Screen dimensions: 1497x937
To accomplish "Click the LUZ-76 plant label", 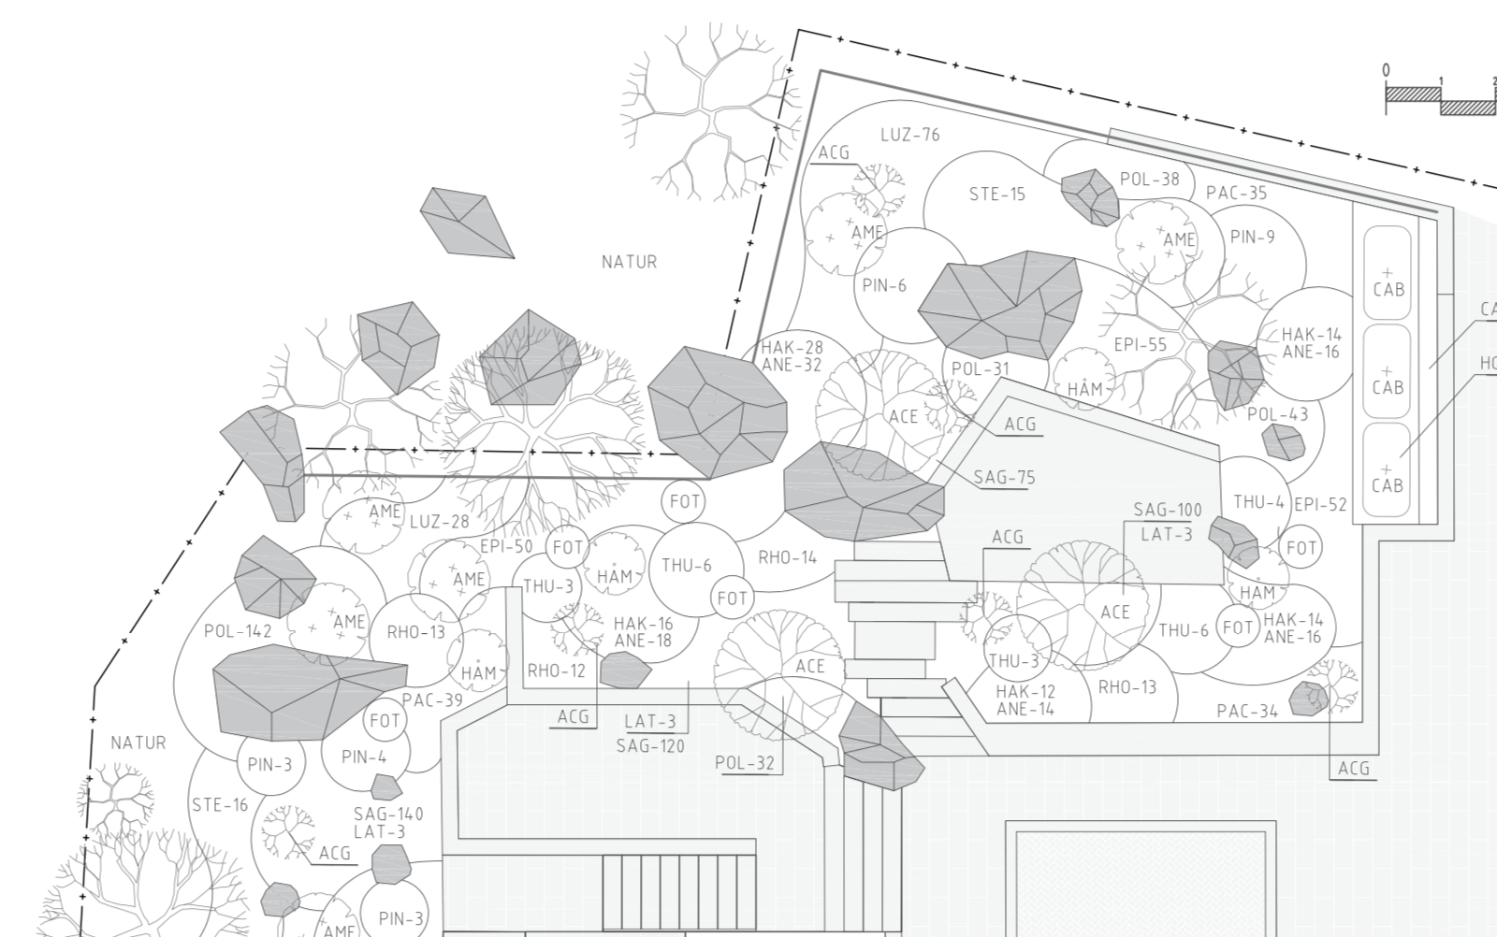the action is click(910, 135).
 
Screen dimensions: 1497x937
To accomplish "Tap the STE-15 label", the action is click(997, 195).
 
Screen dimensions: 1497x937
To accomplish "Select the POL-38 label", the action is click(1150, 179).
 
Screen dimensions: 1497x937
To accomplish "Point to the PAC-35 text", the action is click(1236, 193).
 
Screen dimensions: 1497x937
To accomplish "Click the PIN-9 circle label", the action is click(1253, 238).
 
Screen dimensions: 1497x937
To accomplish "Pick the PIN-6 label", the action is click(884, 286).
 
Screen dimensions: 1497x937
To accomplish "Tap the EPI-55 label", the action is click(1141, 345).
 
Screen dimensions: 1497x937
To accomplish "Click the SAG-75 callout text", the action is click(1004, 478).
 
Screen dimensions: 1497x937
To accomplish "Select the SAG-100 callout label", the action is click(1168, 511).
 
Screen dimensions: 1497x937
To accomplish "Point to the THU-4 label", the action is click(1258, 502).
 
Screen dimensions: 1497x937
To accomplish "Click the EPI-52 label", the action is click(1320, 505).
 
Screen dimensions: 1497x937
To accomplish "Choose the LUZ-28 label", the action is click(439, 522).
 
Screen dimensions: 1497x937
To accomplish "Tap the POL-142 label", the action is click(238, 631).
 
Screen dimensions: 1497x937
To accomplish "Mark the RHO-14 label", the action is click(787, 557).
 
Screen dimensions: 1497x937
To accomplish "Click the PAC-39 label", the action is click(432, 699).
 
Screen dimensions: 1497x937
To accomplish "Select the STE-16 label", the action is click(220, 805).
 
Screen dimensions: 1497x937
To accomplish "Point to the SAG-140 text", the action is click(388, 814).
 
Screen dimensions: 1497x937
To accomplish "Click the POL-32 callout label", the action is click(745, 763).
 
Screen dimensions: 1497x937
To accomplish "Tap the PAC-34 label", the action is click(1247, 712).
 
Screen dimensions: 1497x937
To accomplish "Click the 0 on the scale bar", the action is click(1386, 70).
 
